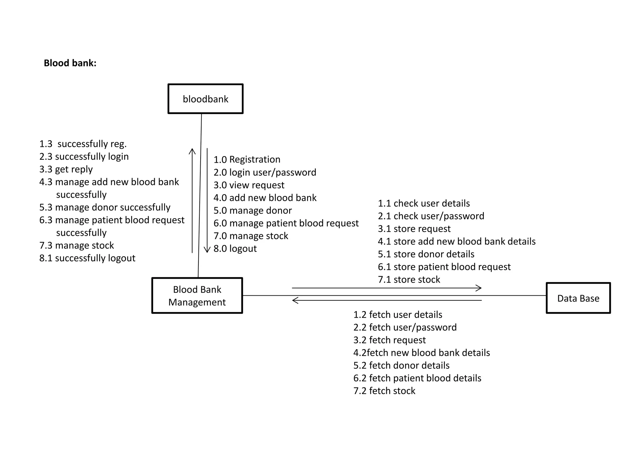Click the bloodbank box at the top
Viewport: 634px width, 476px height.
click(x=205, y=99)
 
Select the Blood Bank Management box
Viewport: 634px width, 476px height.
click(x=197, y=296)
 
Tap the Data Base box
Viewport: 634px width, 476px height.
click(x=578, y=298)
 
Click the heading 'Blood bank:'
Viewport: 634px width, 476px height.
click(x=70, y=63)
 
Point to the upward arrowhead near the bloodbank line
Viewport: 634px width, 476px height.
click(x=192, y=151)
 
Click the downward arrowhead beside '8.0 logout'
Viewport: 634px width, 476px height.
click(x=207, y=250)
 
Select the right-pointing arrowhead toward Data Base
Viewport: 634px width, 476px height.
click(x=479, y=288)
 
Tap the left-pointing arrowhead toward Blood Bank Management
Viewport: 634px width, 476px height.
click(x=295, y=300)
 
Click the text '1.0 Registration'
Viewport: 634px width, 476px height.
click(x=247, y=159)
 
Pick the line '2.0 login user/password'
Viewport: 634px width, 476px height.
click(x=265, y=172)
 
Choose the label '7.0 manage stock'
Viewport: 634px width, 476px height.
click(x=251, y=236)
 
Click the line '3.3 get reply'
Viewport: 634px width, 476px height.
click(x=66, y=169)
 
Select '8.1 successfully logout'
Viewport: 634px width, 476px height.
click(x=87, y=258)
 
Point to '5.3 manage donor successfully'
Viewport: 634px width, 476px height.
click(x=105, y=207)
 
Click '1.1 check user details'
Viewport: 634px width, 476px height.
click(x=423, y=203)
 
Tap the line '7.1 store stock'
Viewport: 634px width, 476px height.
click(x=409, y=280)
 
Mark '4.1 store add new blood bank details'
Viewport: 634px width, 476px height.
click(x=457, y=241)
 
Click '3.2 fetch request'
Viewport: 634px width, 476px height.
click(x=389, y=340)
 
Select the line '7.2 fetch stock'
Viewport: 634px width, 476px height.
click(x=384, y=391)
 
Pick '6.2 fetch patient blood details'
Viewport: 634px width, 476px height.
click(x=417, y=378)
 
